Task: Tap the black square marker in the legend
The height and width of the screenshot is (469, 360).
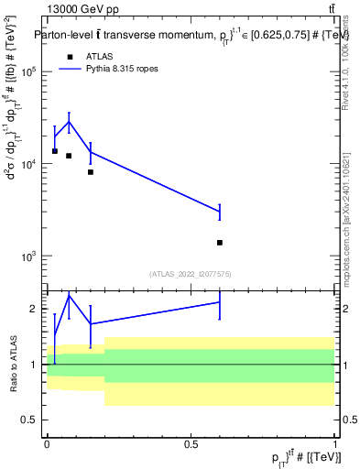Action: [70, 56]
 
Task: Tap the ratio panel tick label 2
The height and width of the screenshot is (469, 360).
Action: [34, 309]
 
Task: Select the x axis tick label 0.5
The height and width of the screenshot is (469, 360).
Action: [191, 442]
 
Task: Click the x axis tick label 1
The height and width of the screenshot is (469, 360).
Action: [335, 442]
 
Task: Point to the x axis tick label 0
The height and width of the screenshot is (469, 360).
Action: [47, 442]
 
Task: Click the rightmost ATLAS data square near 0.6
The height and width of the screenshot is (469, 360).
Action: [220, 243]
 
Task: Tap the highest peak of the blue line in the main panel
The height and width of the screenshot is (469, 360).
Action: [69, 122]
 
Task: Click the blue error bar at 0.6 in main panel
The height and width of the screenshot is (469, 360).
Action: [220, 212]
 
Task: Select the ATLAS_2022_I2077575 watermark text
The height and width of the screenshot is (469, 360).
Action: [191, 273]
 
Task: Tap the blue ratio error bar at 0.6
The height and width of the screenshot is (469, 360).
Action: [220, 302]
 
